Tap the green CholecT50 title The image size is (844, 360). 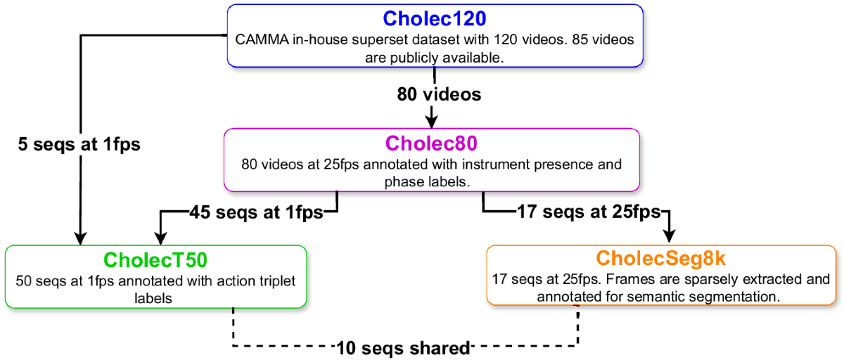[x=155, y=259]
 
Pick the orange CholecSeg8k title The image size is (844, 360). [x=662, y=259]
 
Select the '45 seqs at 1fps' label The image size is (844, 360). [x=256, y=212]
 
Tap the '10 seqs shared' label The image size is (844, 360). [x=403, y=347]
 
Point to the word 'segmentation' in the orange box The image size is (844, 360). [x=740, y=297]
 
